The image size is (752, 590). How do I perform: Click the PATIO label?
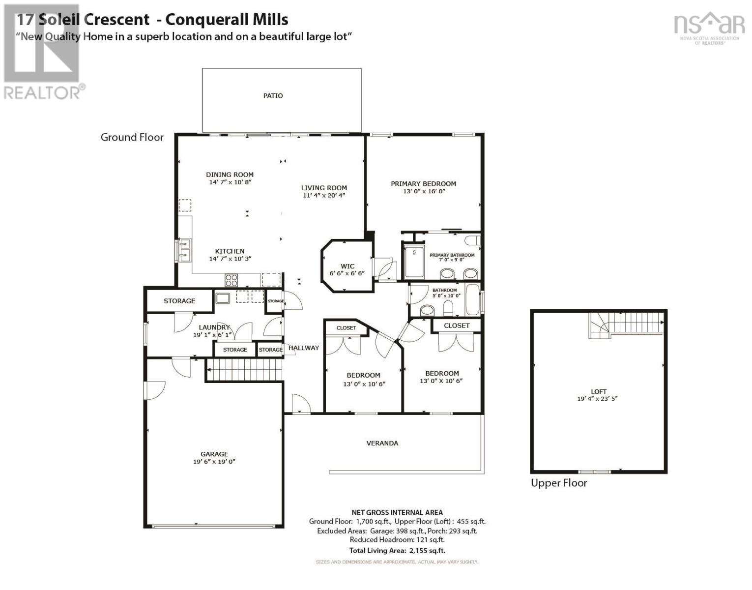point(273,95)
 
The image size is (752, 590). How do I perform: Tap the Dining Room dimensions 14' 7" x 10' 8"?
point(230,182)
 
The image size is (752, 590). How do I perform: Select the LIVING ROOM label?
point(324,187)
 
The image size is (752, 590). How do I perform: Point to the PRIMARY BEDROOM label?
point(423,183)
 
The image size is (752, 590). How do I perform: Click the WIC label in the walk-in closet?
point(347,266)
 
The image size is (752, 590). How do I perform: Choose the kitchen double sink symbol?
point(185,250)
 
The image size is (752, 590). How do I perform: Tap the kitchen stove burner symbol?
point(231,280)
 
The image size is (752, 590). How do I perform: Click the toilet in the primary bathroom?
point(472,240)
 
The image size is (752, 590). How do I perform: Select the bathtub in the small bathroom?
point(472,300)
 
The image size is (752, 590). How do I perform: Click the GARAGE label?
point(214,454)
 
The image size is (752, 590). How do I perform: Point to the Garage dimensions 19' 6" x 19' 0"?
point(214,461)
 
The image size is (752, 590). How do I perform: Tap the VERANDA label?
point(382,443)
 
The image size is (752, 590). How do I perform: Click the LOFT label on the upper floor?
point(598,391)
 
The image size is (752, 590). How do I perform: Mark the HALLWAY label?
point(303,348)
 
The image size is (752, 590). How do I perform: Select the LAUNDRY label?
point(214,327)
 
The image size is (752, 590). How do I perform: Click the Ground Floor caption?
point(132,137)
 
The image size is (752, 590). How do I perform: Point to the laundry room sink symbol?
point(223,297)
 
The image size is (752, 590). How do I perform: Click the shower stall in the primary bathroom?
point(414,262)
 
